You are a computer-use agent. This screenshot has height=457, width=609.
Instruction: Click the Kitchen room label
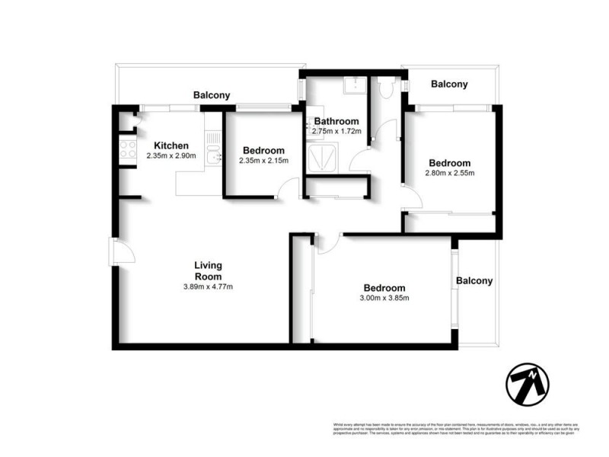[x=171, y=146]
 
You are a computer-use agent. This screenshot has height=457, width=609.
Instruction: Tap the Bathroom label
[x=336, y=121]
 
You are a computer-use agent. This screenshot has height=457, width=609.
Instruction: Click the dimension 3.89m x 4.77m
[x=208, y=287]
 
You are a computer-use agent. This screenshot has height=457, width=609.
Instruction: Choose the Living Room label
[x=208, y=270]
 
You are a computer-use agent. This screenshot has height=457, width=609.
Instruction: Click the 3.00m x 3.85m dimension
[x=384, y=298]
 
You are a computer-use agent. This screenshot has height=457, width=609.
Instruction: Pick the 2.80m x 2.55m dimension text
[x=449, y=173]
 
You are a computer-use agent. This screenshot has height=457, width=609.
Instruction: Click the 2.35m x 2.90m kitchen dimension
[x=171, y=157]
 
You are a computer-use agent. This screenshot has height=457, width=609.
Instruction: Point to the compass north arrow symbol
[x=528, y=383]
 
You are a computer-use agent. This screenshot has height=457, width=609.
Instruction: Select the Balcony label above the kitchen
[x=211, y=96]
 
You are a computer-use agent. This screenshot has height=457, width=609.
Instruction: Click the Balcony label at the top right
[x=449, y=85]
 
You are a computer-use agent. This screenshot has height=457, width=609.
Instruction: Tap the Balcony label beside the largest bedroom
[x=474, y=281]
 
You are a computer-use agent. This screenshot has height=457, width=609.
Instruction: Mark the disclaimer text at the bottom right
[x=455, y=429]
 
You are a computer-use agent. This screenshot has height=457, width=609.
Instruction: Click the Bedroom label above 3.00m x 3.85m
[x=384, y=288]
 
